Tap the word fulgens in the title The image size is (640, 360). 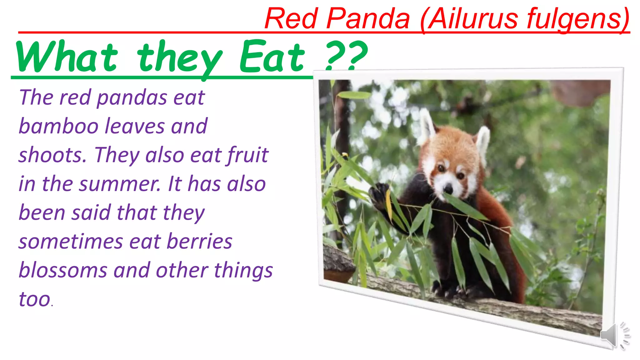578,19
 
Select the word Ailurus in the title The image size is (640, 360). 472,19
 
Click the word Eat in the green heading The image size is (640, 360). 272,57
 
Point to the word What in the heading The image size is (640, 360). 67,57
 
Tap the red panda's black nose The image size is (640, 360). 448,189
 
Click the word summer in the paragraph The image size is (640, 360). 120,184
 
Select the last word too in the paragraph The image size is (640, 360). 35,299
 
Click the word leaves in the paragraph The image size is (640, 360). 135,126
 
